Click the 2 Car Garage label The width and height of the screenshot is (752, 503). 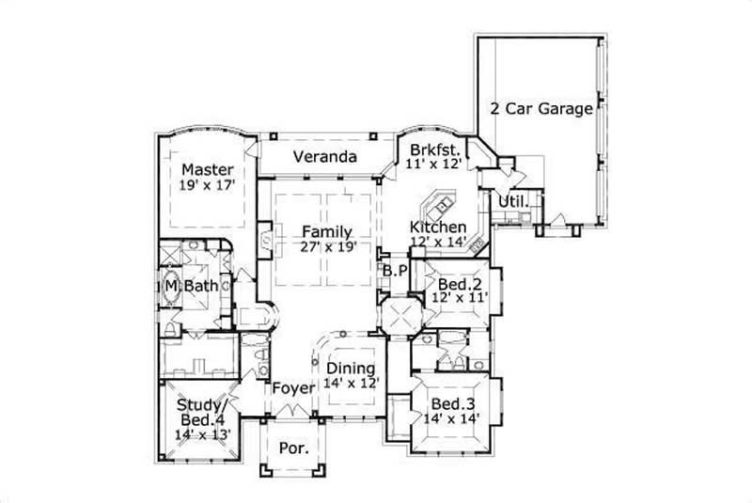(x=541, y=108)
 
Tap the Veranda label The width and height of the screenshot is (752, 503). (x=323, y=157)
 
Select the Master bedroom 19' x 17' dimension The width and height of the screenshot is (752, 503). (x=207, y=186)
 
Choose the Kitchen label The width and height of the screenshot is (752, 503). (x=438, y=228)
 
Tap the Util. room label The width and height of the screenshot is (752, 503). (x=510, y=201)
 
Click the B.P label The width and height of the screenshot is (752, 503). (x=394, y=271)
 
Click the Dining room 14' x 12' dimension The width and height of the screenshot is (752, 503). (x=350, y=384)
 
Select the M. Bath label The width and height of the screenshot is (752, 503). (x=186, y=285)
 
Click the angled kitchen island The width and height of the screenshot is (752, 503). (x=440, y=203)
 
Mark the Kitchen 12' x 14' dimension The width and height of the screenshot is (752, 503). (x=438, y=243)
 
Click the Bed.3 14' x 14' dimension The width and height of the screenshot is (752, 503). (x=451, y=421)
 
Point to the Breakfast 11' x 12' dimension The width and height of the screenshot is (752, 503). (x=433, y=163)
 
